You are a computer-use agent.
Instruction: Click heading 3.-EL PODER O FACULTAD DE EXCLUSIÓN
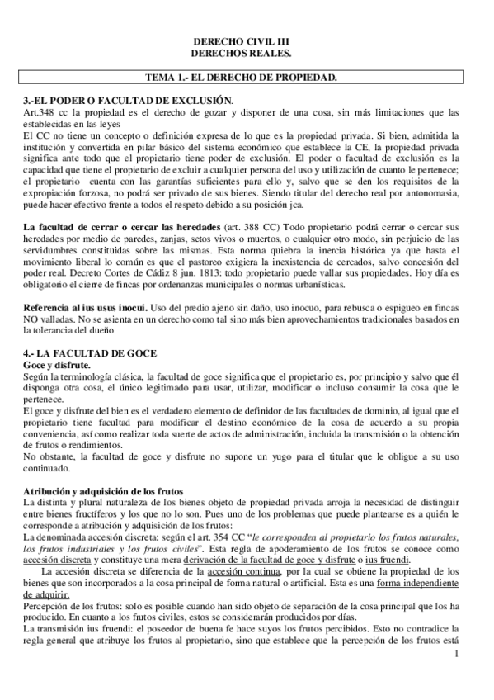click(128, 101)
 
